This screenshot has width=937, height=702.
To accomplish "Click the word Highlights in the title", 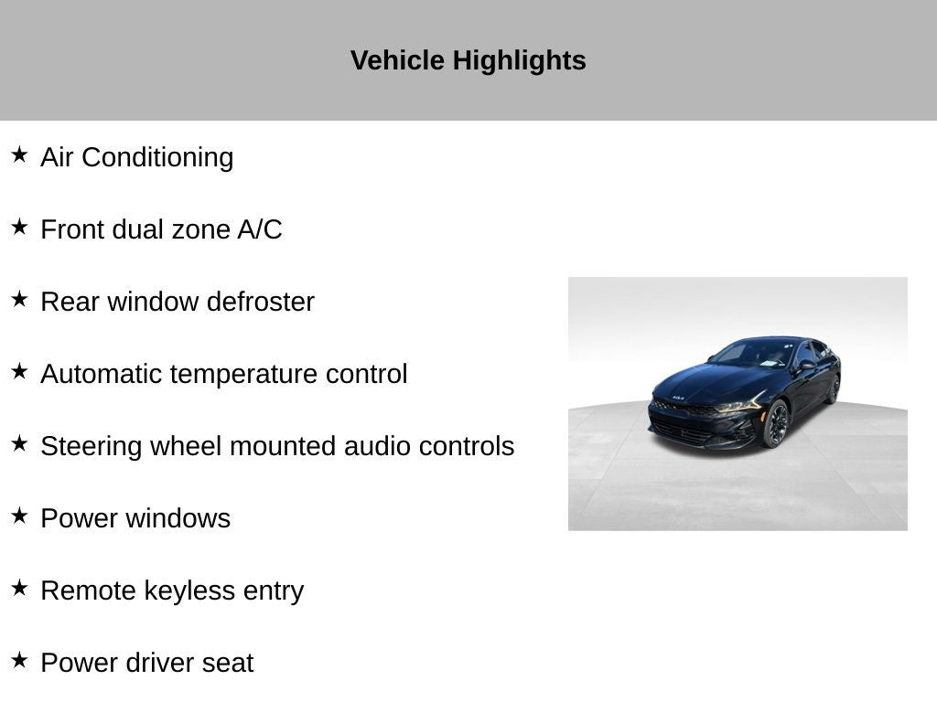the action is (519, 61).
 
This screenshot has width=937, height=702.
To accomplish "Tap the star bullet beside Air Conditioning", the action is (19, 154).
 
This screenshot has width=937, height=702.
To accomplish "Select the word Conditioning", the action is (157, 158).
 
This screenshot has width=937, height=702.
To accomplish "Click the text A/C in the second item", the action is (259, 229).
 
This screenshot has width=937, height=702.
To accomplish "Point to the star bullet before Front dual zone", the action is (19, 227).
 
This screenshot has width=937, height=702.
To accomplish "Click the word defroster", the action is (261, 302).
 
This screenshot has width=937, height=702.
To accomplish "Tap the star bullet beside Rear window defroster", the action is (19, 299).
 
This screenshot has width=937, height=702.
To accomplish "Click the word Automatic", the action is (102, 374).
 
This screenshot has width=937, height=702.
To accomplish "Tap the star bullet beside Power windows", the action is (19, 516).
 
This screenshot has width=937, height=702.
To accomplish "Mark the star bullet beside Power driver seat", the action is (19, 660).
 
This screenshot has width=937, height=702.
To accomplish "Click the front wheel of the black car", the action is (776, 424).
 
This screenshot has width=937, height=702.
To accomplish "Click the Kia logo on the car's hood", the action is (678, 397).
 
